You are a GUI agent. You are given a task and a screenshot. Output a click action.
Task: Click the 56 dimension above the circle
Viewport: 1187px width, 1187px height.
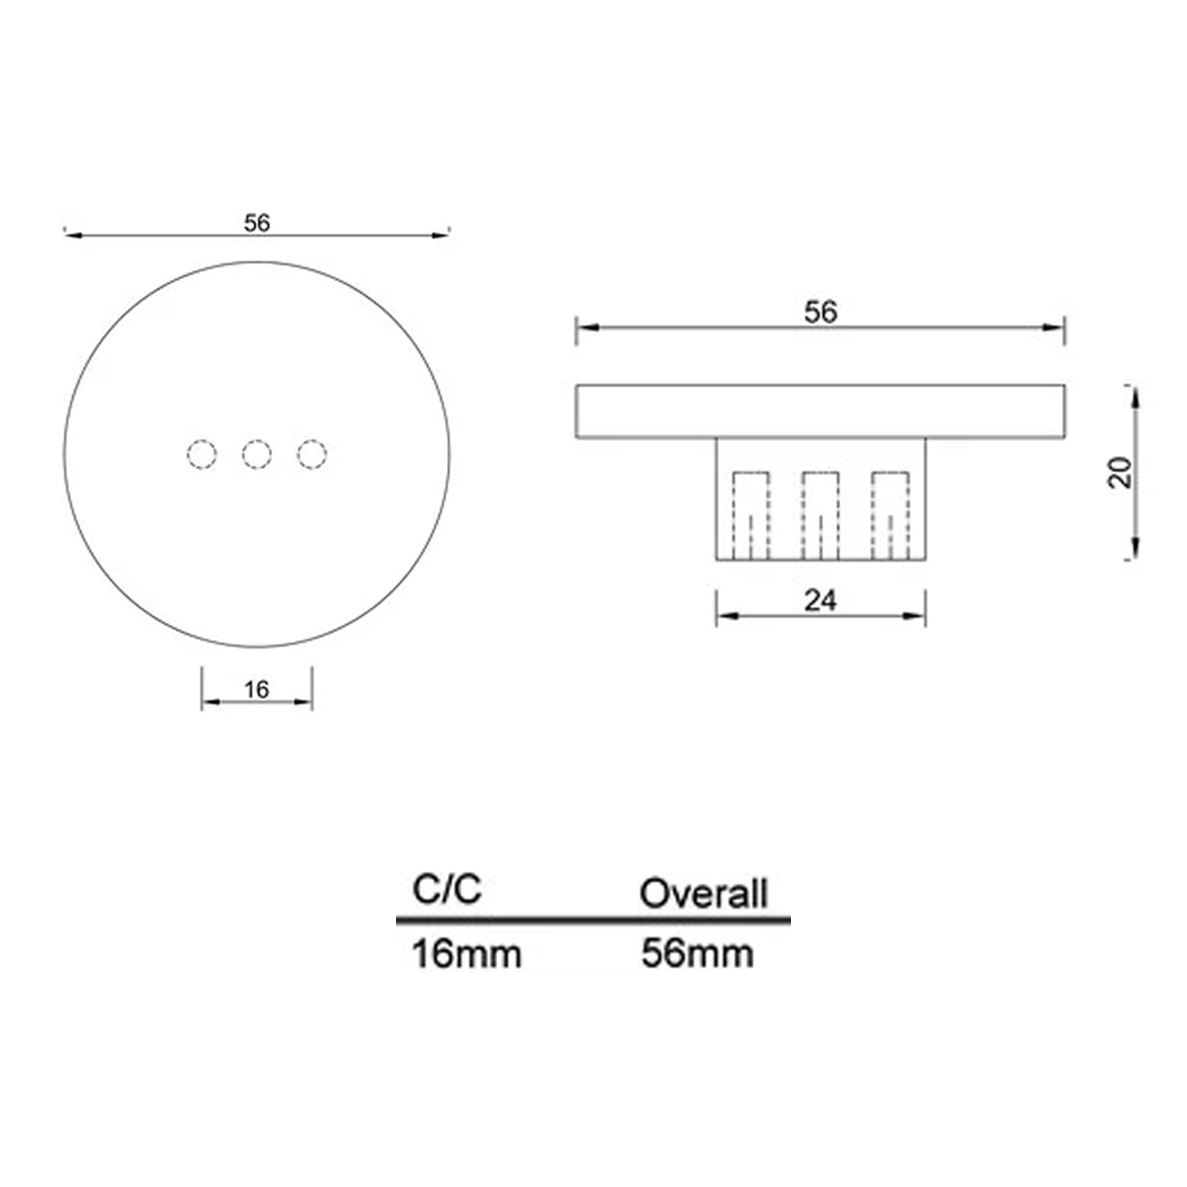click(257, 223)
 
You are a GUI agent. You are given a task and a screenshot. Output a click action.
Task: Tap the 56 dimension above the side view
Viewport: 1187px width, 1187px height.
click(821, 313)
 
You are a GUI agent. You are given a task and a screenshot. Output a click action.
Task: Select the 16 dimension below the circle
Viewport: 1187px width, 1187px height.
click(257, 689)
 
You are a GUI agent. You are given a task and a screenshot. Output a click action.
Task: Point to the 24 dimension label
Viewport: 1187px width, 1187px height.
click(821, 601)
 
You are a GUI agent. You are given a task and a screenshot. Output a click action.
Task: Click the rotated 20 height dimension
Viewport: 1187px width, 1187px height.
click(1120, 473)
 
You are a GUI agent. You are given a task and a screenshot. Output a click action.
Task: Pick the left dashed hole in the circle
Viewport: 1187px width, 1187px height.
click(202, 454)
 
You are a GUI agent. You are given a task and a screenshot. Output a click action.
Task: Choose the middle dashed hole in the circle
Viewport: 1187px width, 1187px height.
click(257, 454)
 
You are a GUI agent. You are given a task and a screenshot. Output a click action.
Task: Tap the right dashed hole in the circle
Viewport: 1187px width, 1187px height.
click(312, 454)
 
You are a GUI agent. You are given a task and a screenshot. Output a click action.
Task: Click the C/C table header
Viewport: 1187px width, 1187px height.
click(447, 889)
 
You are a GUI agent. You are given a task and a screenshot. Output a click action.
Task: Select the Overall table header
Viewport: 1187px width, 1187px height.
click(704, 893)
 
